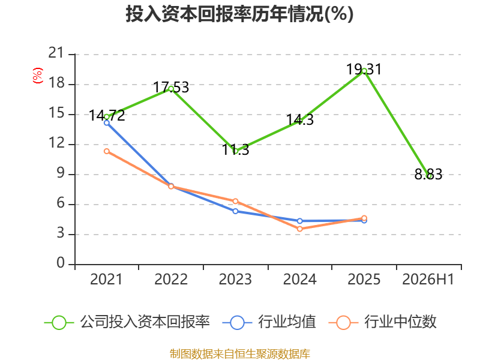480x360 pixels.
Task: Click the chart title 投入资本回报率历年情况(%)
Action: [x=239, y=14]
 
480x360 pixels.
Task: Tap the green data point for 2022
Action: [x=171, y=89]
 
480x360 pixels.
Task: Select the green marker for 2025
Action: [x=364, y=71]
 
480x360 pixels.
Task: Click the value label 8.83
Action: [x=428, y=175]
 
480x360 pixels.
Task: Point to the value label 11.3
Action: [x=235, y=149]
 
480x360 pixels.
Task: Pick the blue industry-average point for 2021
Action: [x=107, y=123]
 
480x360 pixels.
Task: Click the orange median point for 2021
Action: [x=107, y=151]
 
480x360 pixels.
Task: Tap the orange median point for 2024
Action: [x=299, y=229]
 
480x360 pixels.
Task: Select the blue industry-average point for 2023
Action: [x=235, y=211]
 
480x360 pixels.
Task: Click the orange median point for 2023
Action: [x=235, y=201]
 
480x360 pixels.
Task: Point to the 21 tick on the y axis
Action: [x=56, y=53]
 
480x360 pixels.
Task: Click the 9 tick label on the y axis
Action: [x=61, y=173]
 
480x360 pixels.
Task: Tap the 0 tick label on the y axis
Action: [x=61, y=263]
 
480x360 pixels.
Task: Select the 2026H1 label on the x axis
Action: [x=428, y=279]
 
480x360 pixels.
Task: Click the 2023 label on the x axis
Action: [x=235, y=279]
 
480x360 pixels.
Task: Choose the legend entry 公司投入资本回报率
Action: [x=127, y=322]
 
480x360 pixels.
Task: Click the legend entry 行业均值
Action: [x=269, y=322]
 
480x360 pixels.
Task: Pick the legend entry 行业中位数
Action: [x=382, y=322]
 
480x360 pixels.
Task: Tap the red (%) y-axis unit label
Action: [x=38, y=76]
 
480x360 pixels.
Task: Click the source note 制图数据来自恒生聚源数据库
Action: [x=240, y=354]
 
